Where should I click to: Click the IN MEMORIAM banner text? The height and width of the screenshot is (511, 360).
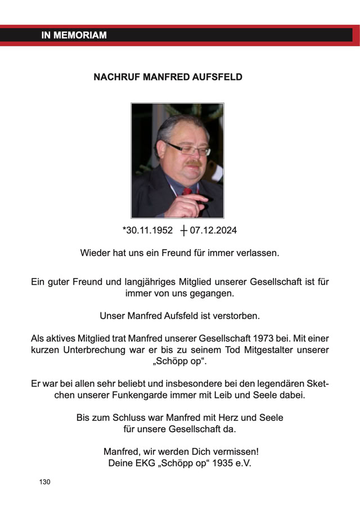(74, 35)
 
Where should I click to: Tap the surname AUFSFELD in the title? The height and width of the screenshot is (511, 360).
(216, 77)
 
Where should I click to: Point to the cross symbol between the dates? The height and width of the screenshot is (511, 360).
(183, 230)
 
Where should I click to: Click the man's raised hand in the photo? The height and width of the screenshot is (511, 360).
(186, 202)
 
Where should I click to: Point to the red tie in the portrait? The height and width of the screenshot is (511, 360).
(187, 191)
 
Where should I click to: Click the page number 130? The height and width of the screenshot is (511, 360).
(45, 482)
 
